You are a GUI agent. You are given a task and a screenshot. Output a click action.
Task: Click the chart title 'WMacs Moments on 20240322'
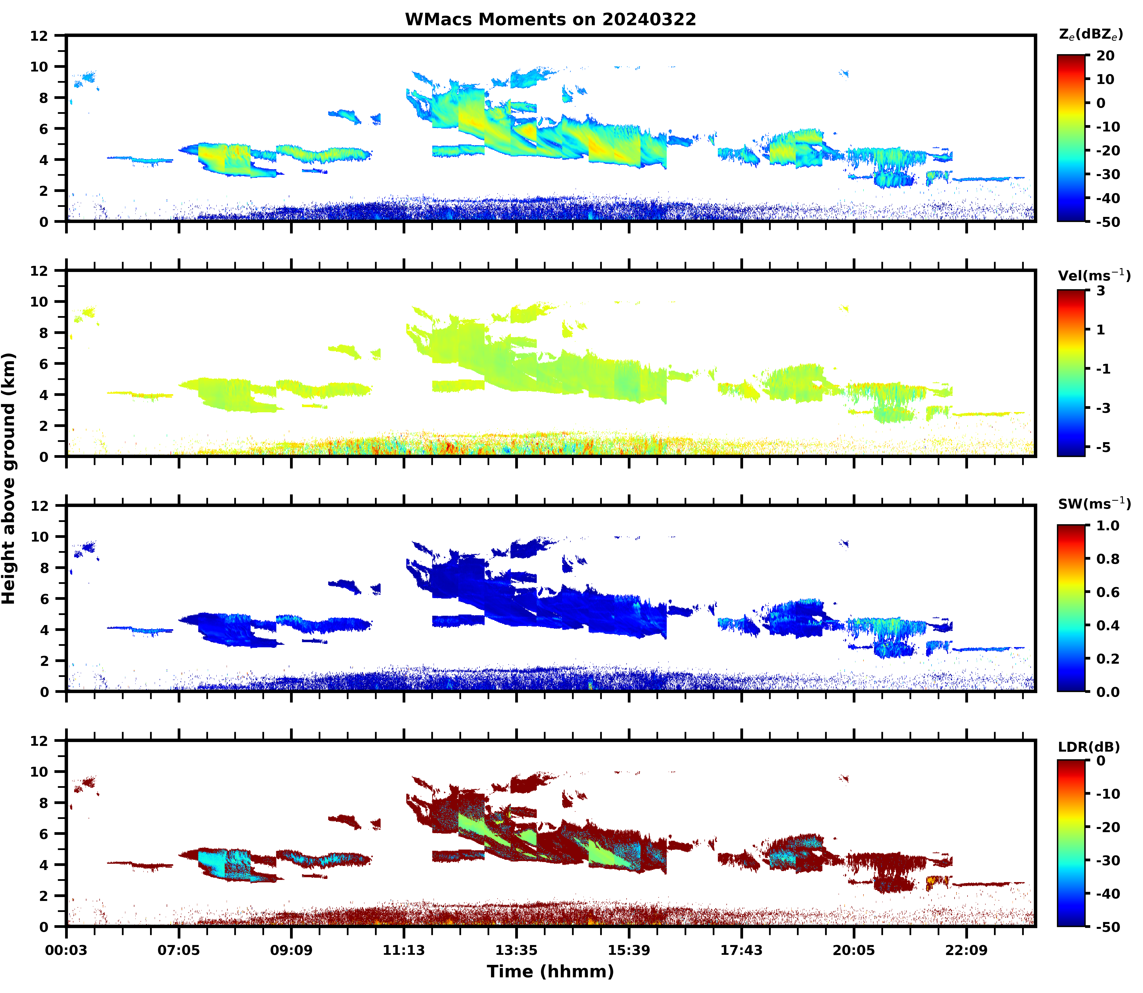tap(550, 19)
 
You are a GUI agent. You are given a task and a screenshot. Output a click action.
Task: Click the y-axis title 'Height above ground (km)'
tap(9, 478)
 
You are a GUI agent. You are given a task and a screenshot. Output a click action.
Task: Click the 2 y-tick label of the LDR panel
tap(44, 896)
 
